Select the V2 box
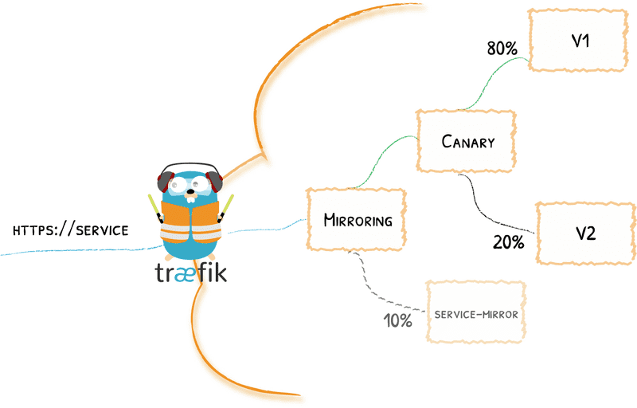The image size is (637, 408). click(585, 233)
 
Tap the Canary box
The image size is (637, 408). click(467, 142)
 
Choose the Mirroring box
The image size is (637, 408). click(358, 220)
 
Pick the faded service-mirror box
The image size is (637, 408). click(476, 313)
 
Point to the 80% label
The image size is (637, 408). click(502, 49)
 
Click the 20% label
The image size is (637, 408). click(508, 242)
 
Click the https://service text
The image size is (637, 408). click(70, 229)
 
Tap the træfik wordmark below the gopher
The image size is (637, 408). click(191, 273)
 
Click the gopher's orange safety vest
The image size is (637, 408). click(190, 221)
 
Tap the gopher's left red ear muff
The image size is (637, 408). click(164, 182)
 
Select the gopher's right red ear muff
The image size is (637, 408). click(217, 182)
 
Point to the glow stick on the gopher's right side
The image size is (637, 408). click(229, 205)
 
